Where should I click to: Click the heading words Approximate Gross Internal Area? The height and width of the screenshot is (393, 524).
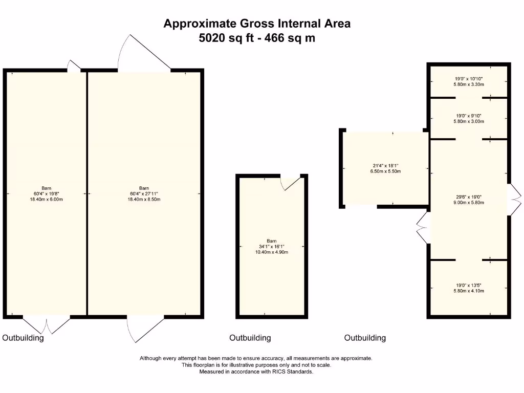[257, 24]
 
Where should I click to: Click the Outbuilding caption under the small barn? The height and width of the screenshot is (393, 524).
[250, 338]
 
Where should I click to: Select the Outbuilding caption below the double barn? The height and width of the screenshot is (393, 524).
[23, 338]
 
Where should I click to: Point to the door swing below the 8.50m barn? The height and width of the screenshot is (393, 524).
[145, 327]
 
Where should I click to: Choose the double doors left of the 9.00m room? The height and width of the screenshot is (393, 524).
[423, 228]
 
